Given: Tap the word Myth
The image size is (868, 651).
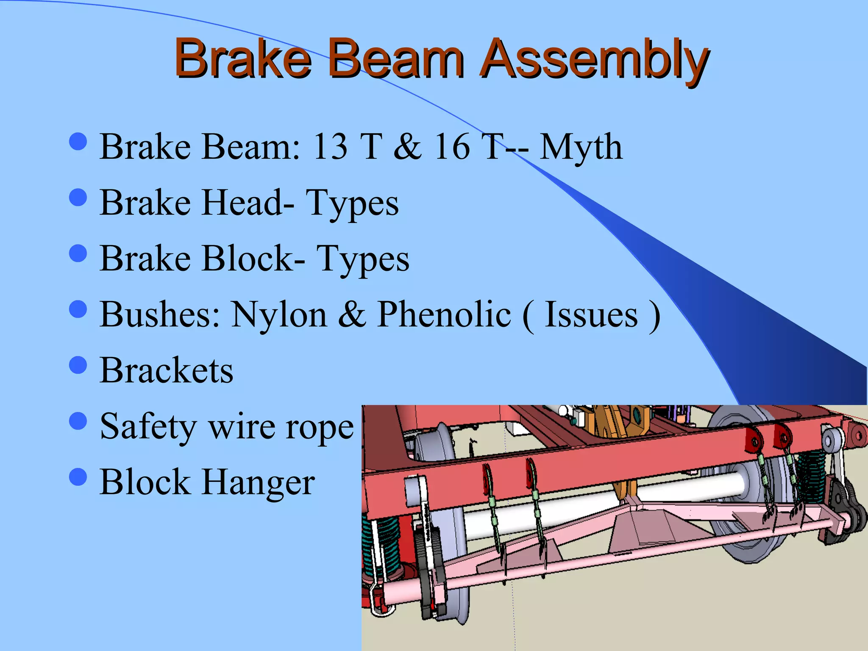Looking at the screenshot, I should pyautogui.click(x=581, y=147).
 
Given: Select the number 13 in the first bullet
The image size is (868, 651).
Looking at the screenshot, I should pyautogui.click(x=330, y=147).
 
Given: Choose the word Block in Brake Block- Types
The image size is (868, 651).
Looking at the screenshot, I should pyautogui.click(x=247, y=259).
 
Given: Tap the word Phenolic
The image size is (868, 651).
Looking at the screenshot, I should pyautogui.click(x=444, y=314).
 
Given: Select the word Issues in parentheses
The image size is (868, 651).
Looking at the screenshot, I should pyautogui.click(x=591, y=314).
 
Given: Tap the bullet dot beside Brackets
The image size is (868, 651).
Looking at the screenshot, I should pyautogui.click(x=78, y=365).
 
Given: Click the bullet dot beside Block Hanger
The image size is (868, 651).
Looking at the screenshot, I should pyautogui.click(x=78, y=477).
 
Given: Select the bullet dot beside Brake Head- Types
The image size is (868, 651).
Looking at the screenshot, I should pyautogui.click(x=78, y=197).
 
